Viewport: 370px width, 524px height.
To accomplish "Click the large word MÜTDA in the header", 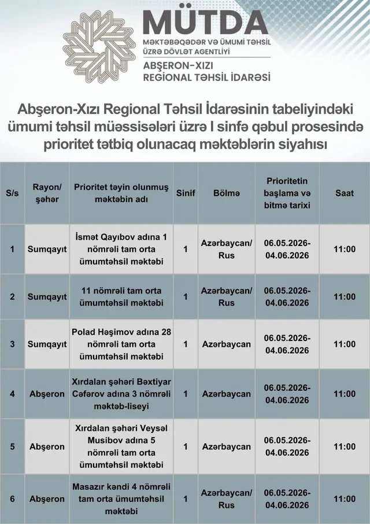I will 205,23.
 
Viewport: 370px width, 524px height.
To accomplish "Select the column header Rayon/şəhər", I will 47,193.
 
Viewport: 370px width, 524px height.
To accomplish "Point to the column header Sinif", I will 186,193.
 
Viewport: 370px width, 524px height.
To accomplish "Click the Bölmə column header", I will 226,193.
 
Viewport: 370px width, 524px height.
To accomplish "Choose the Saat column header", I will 345,193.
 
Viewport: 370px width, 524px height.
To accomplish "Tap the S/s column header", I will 12,193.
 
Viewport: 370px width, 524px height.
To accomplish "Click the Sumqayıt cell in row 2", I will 47,296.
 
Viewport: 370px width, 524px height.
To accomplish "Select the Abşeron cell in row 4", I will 47,394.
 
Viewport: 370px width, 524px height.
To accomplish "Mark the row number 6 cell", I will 12,499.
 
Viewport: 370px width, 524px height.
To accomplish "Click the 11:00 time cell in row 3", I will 345,344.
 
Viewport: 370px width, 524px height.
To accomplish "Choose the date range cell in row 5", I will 287,446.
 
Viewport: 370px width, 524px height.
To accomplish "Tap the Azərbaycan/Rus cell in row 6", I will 226,499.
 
